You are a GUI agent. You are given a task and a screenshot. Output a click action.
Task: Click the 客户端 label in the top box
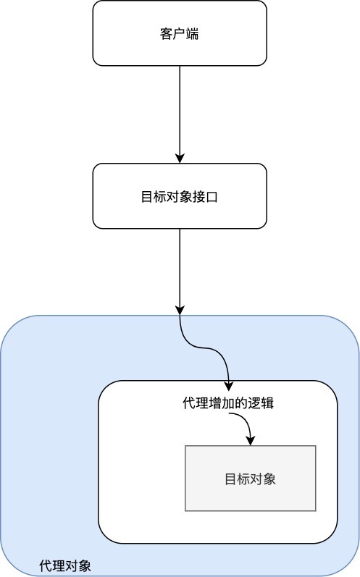[179, 33]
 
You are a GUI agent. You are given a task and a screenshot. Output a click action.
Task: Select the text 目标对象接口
[179, 196]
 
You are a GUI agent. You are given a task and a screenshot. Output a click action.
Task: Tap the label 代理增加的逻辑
[227, 403]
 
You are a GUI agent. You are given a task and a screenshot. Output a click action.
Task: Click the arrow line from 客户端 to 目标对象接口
[180, 109]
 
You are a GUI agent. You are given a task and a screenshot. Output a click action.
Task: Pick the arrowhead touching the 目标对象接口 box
[180, 158]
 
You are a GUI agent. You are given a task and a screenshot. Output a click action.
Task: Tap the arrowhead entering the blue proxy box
[180, 310]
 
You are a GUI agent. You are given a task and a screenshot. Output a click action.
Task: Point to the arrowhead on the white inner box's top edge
[229, 384]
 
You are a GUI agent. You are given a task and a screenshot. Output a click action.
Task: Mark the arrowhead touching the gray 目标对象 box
[251, 441]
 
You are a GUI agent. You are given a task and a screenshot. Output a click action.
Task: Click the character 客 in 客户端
[166, 33]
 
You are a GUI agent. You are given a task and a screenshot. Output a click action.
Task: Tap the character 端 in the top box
[192, 33]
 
